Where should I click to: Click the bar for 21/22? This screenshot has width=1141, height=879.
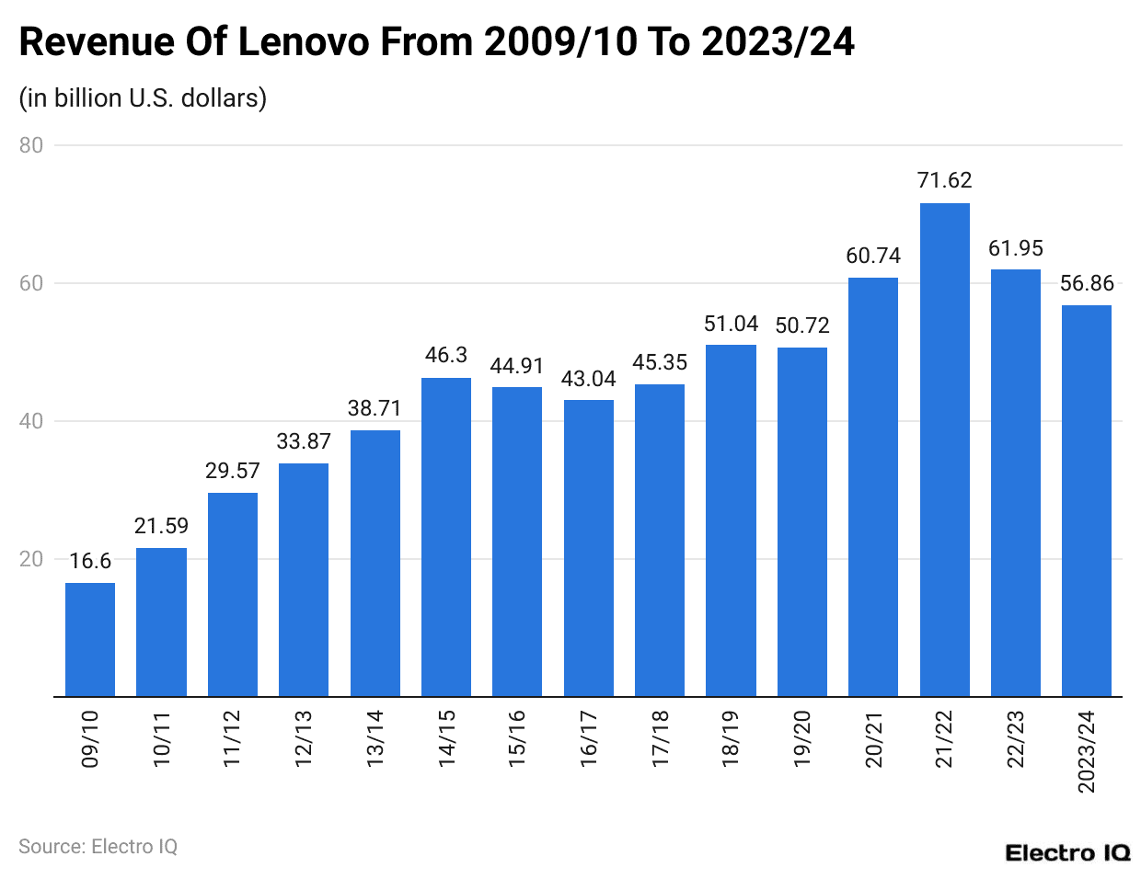coord(944,450)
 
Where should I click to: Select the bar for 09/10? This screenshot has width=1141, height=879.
coord(90,639)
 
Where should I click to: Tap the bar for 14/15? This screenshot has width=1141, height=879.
coord(446,537)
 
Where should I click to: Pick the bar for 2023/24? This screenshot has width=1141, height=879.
coord(1087,501)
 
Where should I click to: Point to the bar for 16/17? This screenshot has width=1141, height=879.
coord(589,548)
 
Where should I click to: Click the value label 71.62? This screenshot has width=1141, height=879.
coord(944,180)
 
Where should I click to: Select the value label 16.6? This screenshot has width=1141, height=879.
coord(90,561)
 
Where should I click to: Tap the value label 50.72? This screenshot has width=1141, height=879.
coord(802,325)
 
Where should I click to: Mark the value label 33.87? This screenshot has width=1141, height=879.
coord(304,441)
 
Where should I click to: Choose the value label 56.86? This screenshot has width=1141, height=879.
coord(1087,283)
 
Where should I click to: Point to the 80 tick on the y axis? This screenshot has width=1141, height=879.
coord(31,145)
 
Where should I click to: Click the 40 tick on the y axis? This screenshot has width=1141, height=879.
coord(31,421)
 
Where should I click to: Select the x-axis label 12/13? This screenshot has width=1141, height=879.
coord(304,738)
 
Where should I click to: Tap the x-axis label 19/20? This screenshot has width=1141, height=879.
coord(802,738)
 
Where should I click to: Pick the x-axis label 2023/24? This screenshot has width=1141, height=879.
coord(1087,751)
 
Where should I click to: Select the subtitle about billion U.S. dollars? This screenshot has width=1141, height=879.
coord(143,97)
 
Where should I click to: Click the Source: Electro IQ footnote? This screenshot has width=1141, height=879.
coord(98,846)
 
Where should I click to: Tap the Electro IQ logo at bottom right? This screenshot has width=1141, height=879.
coord(1067,852)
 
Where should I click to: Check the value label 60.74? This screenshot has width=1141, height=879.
coord(873,256)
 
